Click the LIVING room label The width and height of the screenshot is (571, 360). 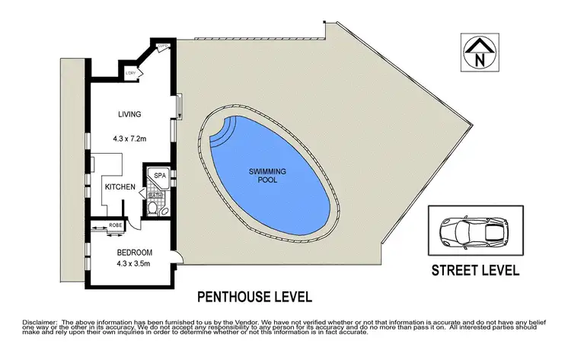pos(130,115)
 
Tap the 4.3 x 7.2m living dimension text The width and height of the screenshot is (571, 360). pos(130,139)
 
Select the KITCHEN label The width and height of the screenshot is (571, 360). pos(120,186)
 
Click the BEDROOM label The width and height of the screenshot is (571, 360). pos(134,252)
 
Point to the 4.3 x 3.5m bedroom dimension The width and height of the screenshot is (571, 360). pos(134,265)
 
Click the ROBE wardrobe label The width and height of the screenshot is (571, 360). pos(116,226)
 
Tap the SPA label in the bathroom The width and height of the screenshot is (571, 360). pos(160,176)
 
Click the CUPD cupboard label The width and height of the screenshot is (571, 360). pos(161,46)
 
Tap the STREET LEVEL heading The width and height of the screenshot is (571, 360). pos(475,269)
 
